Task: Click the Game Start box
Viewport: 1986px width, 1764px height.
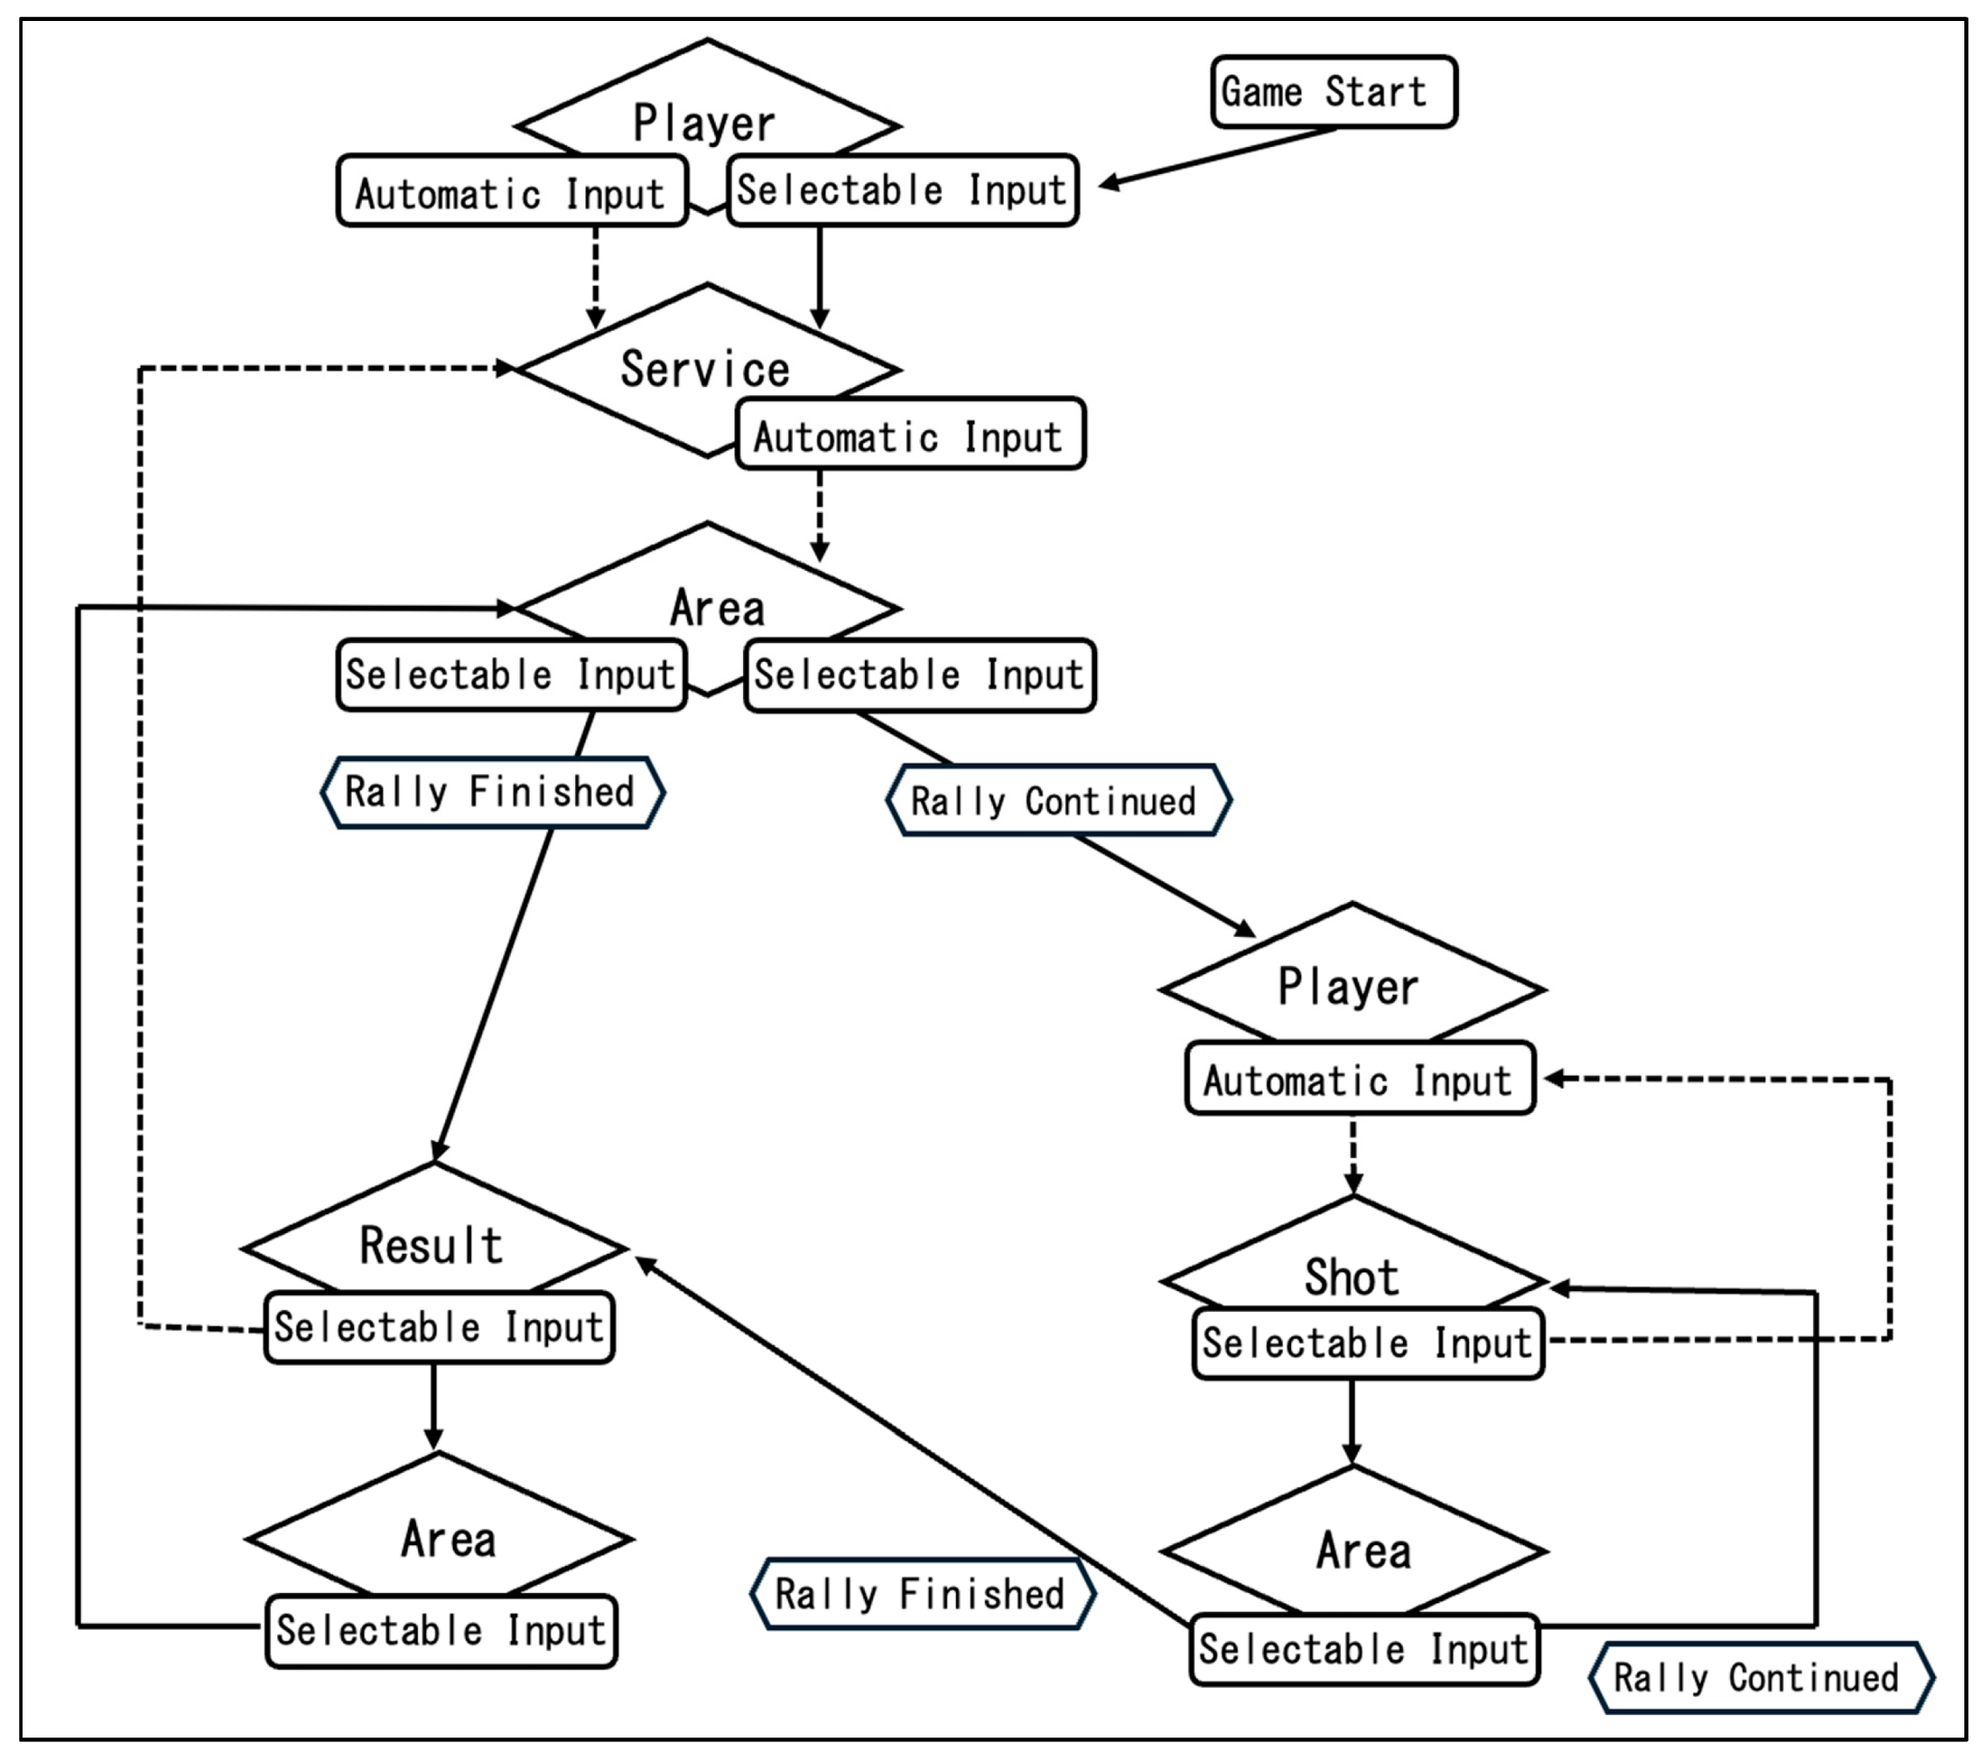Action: [1333, 92]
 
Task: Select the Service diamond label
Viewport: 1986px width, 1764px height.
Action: [706, 369]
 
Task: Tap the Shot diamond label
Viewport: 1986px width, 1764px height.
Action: [1352, 1276]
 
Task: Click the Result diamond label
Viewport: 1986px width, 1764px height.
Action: [432, 1245]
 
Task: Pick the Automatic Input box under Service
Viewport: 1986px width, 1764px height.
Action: [909, 436]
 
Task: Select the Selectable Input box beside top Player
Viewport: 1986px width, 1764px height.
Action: [903, 190]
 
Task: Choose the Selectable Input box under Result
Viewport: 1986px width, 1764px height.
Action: [439, 1327]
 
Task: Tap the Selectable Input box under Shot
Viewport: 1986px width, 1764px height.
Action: [1368, 1344]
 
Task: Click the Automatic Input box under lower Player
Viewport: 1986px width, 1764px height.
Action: [1359, 1080]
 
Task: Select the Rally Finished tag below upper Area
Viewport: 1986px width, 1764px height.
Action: [492, 792]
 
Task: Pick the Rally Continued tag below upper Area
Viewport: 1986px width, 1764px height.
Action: [1058, 801]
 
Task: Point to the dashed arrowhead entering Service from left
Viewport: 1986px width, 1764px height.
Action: [505, 368]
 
